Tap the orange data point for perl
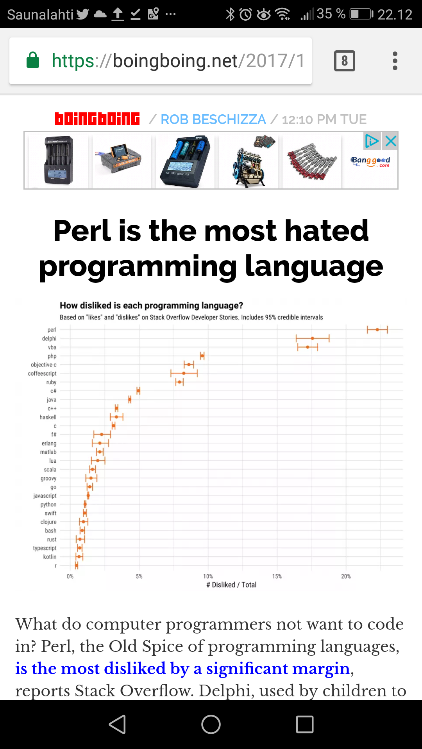(x=377, y=330)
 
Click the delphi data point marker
(x=312, y=338)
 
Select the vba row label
(x=52, y=347)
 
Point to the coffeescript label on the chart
(x=42, y=373)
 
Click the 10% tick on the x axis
(x=208, y=576)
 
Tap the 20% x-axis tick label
(x=346, y=576)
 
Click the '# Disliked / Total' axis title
(x=231, y=585)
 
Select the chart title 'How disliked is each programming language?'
(x=151, y=305)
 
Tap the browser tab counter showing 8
(x=344, y=61)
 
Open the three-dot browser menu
(x=395, y=61)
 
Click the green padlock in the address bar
(x=33, y=60)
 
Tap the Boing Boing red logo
(x=97, y=119)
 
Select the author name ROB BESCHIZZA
(x=213, y=119)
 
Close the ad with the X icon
(x=391, y=141)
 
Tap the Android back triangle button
(x=117, y=724)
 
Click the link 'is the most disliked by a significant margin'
(x=182, y=669)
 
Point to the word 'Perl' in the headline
(x=83, y=231)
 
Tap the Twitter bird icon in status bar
(x=82, y=14)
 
